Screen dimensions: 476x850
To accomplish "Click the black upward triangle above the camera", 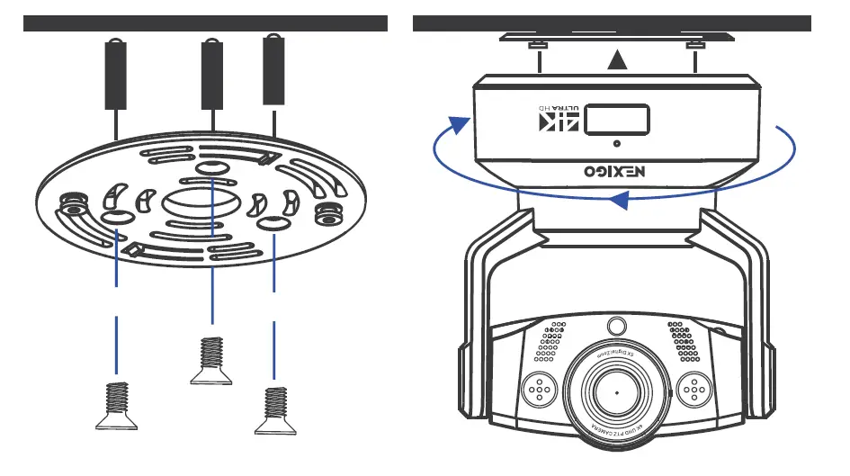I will tap(616, 61).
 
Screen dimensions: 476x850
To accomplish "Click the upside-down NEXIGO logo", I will tap(617, 169).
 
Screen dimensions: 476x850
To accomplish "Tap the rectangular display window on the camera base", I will tap(617, 119).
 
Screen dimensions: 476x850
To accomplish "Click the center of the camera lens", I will tap(617, 393).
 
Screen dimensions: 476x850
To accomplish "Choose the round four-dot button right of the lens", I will tap(693, 388).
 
